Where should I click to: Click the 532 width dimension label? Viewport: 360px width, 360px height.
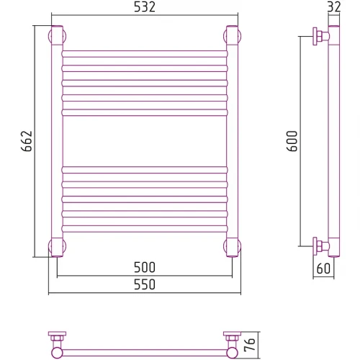click(x=145, y=7)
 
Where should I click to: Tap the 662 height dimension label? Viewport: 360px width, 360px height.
click(x=27, y=141)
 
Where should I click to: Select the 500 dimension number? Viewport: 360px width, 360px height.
click(x=145, y=267)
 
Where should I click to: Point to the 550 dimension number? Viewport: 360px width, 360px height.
click(x=145, y=284)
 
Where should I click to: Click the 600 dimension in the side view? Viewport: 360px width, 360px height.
click(x=292, y=141)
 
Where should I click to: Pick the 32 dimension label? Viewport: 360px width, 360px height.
click(x=334, y=6)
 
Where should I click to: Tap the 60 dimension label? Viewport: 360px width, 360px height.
click(x=323, y=269)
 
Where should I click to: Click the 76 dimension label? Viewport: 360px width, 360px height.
click(x=250, y=345)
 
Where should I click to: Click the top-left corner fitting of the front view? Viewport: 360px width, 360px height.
click(x=57, y=35)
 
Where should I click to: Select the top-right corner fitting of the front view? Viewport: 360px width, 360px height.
click(x=232, y=35)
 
